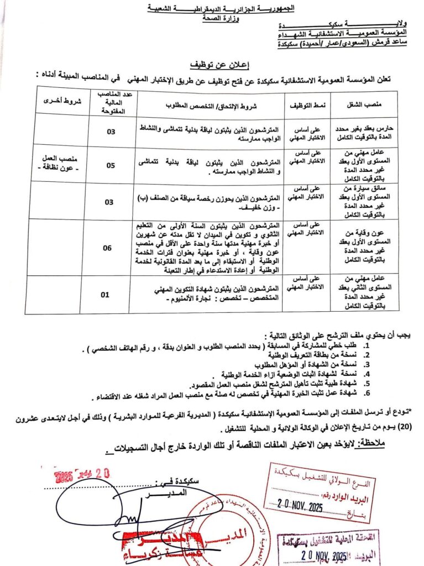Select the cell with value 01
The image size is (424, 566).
(104, 295)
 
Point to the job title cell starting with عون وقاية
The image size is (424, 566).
(362, 248)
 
